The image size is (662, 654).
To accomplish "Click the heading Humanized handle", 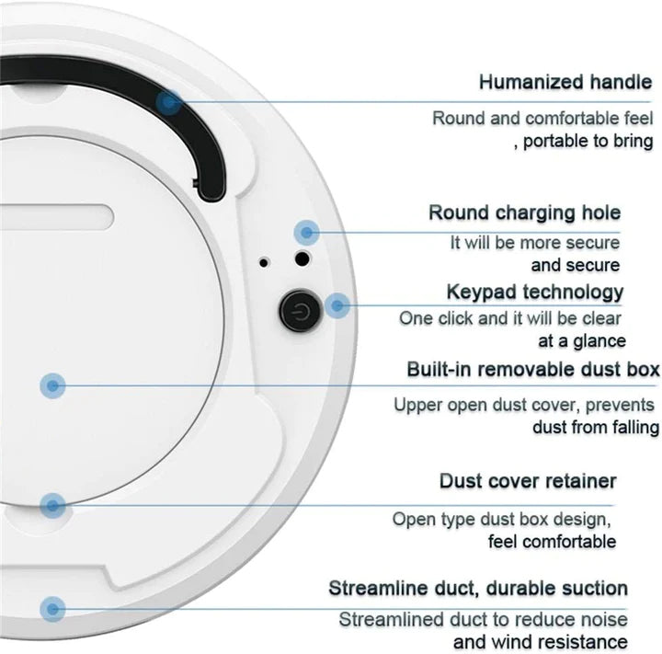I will tap(565, 82).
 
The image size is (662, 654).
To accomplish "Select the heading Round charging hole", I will tap(524, 213).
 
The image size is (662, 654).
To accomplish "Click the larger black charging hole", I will tap(301, 260).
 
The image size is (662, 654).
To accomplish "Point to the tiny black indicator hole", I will tap(264, 262).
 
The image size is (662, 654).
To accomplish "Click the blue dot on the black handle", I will tap(168, 101).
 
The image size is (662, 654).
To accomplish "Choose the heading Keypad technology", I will tap(534, 293).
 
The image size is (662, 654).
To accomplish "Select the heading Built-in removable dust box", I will tap(533, 370).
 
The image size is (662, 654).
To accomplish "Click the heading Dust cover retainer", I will tap(528, 481).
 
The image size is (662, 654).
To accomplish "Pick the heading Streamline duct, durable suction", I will tap(478, 589).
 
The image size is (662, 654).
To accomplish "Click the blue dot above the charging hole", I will tap(306, 231).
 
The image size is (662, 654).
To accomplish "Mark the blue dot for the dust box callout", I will tap(52, 384).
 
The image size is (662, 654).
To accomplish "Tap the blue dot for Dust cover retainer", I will tap(53, 504).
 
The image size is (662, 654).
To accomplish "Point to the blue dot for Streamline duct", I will tap(53, 608).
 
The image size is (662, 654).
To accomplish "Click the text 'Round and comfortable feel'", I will tap(542, 118).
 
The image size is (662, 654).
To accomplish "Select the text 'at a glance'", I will tap(582, 341).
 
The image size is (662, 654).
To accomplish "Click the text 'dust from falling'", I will tap(595, 427).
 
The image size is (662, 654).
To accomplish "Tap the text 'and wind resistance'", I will tap(541, 642).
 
